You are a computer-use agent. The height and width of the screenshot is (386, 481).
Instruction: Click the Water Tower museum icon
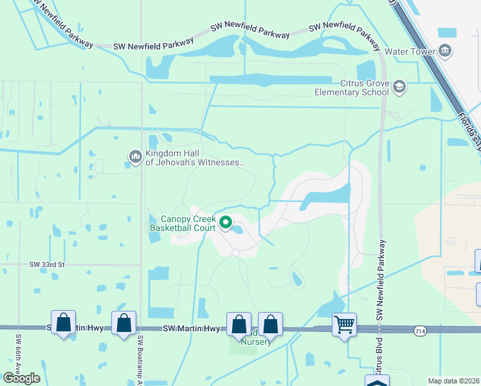click(x=445, y=51)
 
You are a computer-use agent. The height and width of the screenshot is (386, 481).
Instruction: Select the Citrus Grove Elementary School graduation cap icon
click(x=399, y=87)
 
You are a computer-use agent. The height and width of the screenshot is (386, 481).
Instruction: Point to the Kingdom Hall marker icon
click(x=135, y=156)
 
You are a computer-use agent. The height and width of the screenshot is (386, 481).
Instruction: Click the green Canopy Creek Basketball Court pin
click(x=226, y=223)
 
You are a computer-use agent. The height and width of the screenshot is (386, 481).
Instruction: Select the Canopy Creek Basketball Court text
click(x=183, y=223)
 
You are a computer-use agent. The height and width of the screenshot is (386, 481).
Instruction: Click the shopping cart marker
click(x=345, y=324)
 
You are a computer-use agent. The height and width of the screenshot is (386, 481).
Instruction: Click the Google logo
click(x=22, y=378)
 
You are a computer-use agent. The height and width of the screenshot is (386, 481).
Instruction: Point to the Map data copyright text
click(x=454, y=381)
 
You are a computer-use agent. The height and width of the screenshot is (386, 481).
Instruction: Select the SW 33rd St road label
click(x=47, y=264)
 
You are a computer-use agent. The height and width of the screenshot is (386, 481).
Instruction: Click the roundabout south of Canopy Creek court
click(x=236, y=253)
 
